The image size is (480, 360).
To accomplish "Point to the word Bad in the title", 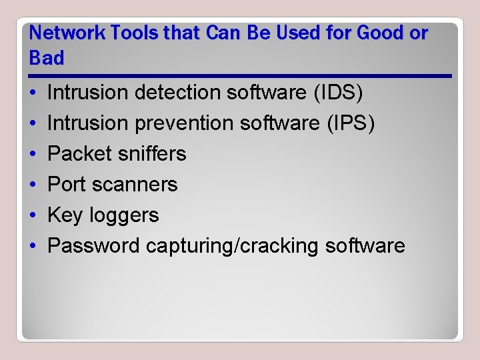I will pos(47,59).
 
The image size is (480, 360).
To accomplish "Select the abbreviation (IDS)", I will pos(338,93).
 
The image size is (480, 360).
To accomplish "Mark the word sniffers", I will pos(151,154).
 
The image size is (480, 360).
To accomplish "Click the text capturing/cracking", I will pos(233,246).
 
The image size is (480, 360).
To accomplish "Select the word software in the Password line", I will pos(365,246).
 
